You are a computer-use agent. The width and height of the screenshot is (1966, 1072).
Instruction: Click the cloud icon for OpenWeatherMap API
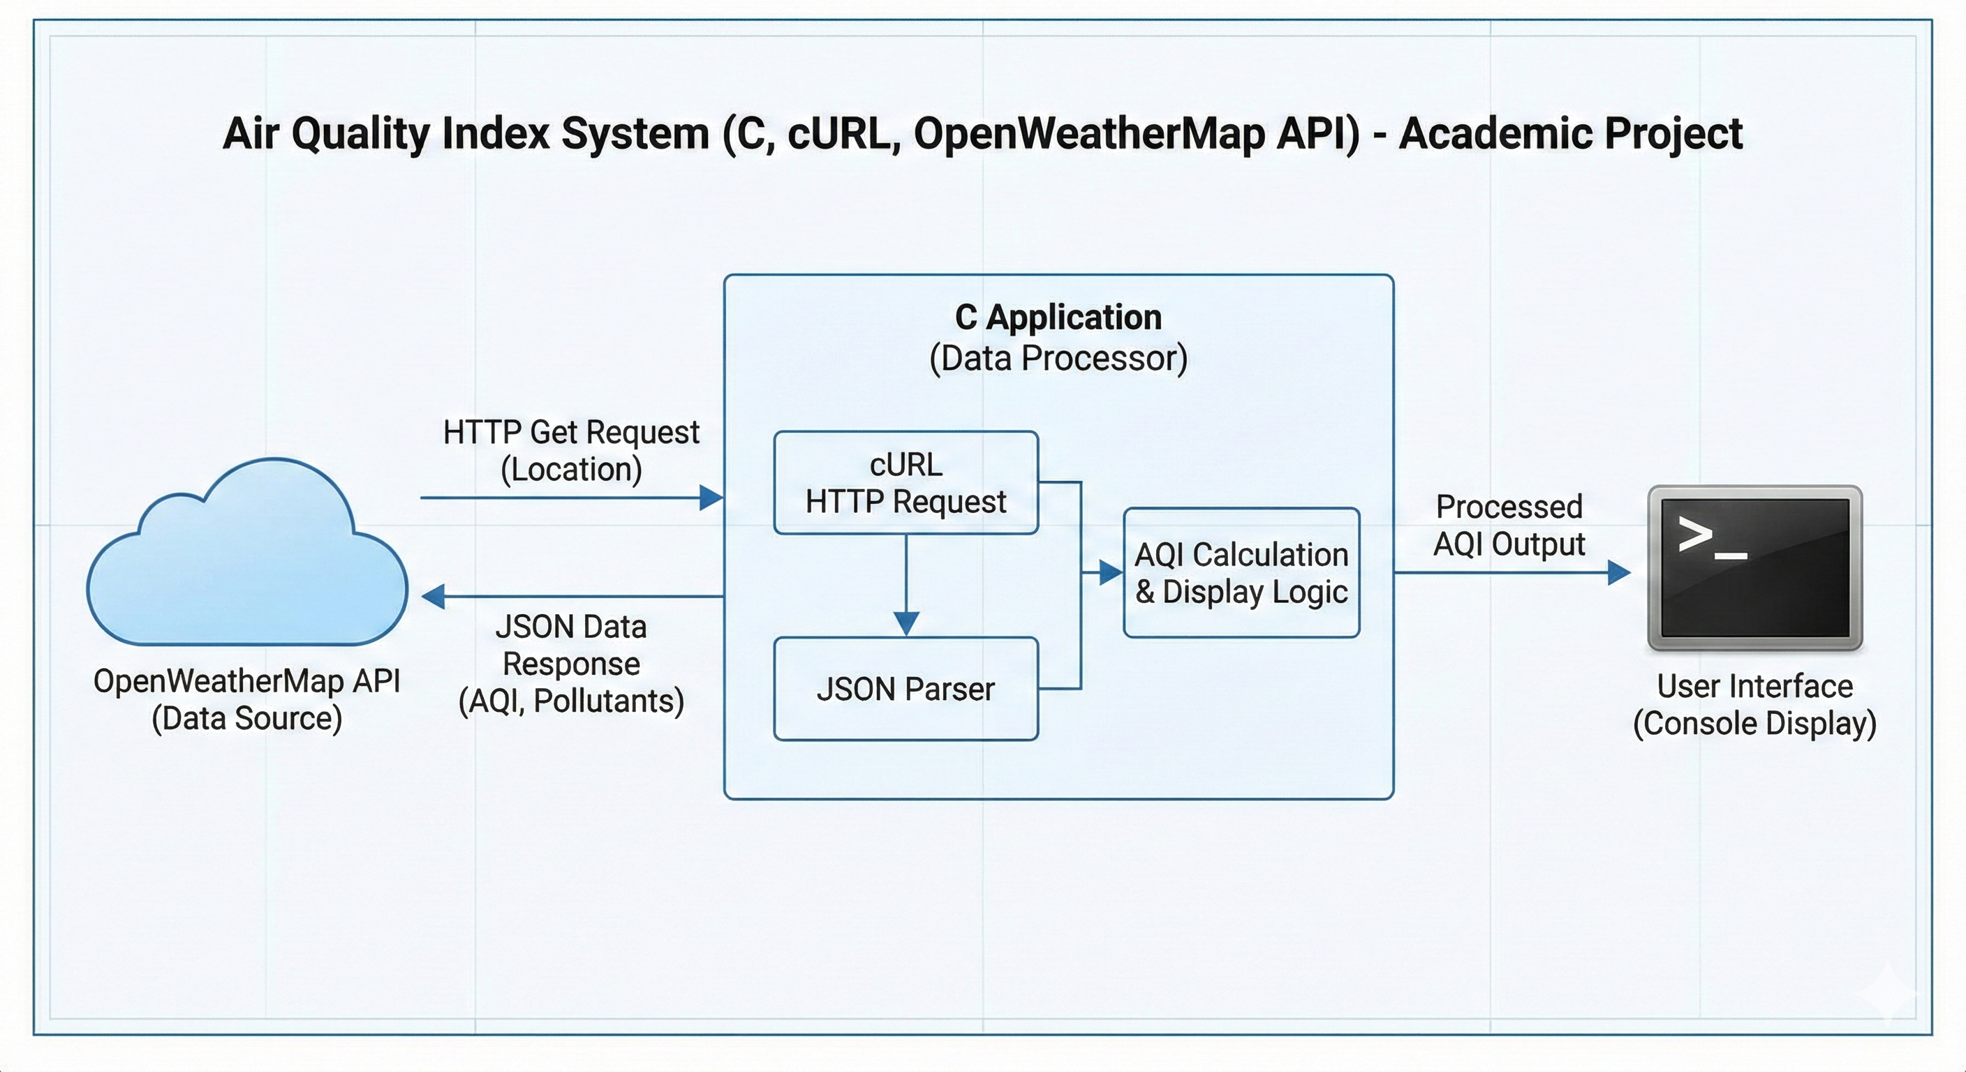coord(247,553)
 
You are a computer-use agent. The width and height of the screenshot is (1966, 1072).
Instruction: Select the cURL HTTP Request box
coord(906,482)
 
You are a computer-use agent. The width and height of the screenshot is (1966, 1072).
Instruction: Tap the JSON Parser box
coord(906,688)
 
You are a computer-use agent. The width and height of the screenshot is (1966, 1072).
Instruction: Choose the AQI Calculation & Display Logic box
coord(1242,572)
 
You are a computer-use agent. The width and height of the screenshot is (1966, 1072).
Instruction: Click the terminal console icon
coord(1754,568)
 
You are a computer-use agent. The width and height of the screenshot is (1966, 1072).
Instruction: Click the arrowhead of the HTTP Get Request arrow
coord(711,498)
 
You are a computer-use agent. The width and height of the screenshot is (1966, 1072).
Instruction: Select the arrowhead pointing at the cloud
coord(434,596)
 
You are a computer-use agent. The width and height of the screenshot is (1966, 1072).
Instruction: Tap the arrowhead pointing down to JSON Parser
coord(906,623)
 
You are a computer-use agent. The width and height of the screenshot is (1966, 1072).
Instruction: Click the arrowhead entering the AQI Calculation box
coord(1111,572)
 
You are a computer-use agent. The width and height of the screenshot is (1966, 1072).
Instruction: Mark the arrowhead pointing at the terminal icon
coord(1619,572)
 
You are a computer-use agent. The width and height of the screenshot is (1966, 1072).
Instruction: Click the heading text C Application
coord(1058,318)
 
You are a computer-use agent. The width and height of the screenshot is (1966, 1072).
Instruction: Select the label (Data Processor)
coord(1058,359)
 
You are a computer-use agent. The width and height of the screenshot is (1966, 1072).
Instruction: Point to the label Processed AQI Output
coord(1509,526)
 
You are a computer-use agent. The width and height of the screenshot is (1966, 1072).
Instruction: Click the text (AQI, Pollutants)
coord(571,701)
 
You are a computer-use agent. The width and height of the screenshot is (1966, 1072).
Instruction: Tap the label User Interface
coord(1754,686)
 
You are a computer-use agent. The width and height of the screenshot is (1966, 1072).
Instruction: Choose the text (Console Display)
coord(1754,723)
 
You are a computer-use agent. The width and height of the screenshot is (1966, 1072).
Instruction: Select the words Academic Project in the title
coord(1571,134)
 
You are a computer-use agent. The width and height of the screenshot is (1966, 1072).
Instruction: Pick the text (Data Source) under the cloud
coord(247,719)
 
